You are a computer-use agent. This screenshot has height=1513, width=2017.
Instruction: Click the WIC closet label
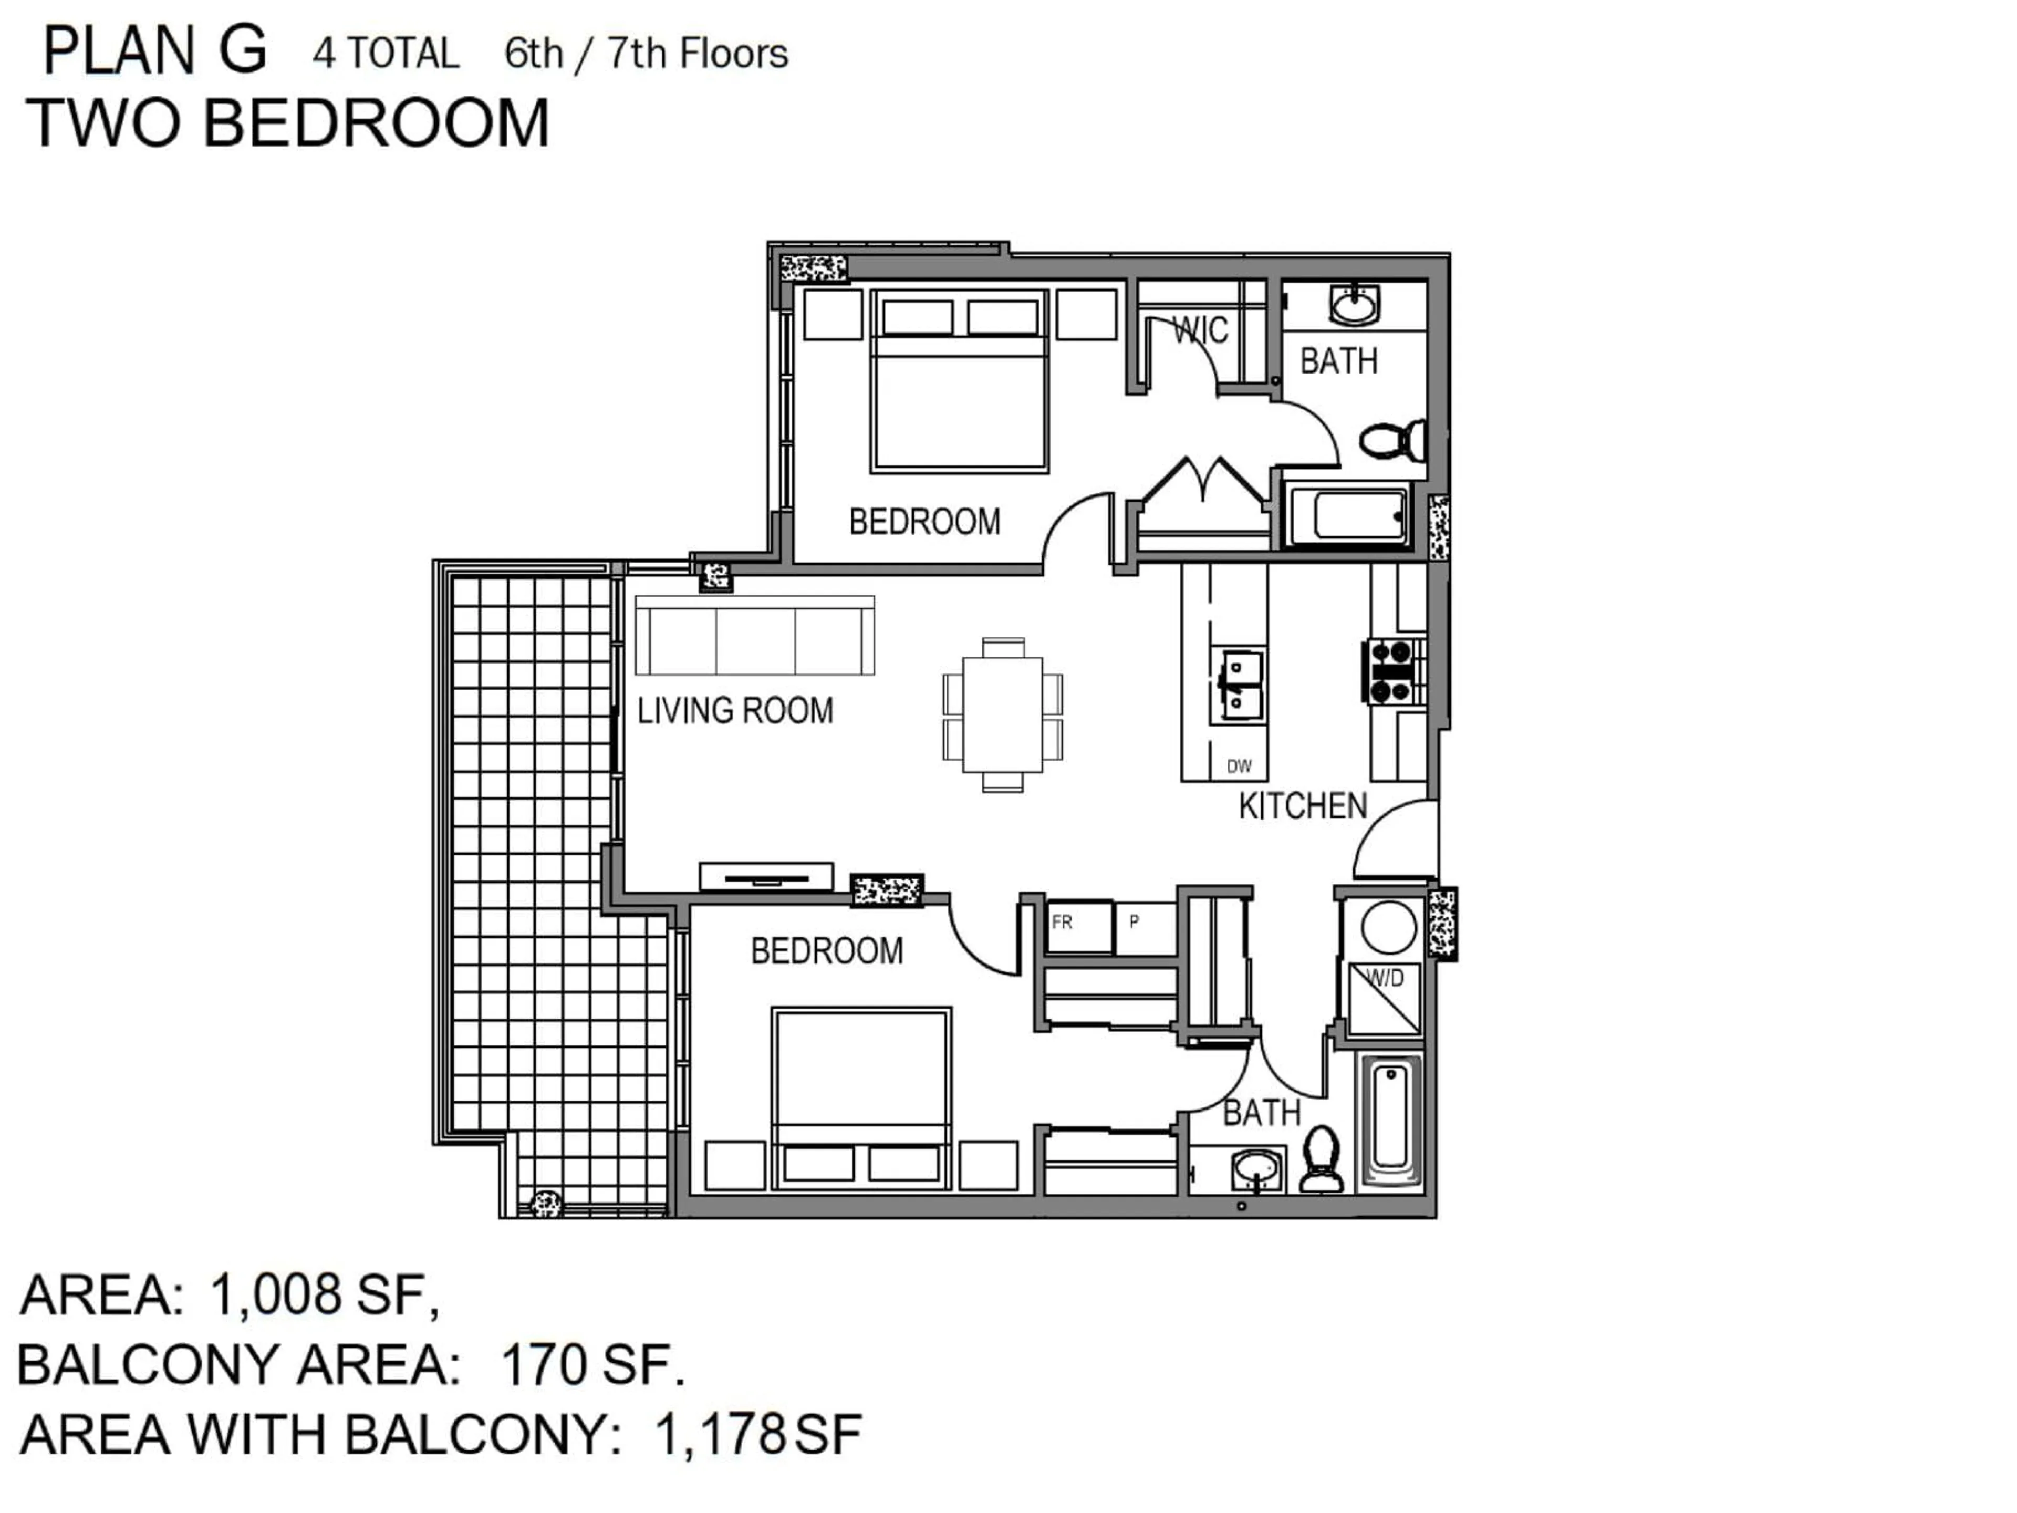click(1200, 330)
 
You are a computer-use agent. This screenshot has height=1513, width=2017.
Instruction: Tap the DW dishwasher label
click(1239, 766)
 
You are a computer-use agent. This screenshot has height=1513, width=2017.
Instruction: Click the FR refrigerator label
click(1062, 922)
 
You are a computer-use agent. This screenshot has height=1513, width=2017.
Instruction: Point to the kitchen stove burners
click(1392, 671)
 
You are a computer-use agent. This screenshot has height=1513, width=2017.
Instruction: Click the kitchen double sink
click(1240, 686)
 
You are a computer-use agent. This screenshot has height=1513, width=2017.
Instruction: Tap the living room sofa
click(754, 636)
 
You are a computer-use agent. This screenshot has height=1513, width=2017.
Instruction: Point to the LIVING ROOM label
click(735, 710)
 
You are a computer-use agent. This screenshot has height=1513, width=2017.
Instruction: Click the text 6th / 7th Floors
click(646, 54)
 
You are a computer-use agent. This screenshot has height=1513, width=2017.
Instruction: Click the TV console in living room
click(766, 876)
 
